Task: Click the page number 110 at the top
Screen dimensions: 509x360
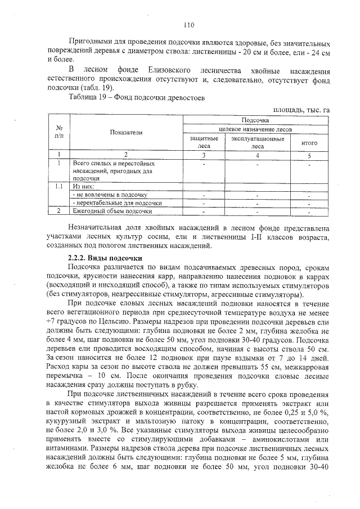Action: [x=188, y=25]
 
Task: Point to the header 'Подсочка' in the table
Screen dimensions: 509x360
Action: [x=255, y=120]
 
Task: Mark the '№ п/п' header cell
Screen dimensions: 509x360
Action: [x=59, y=132]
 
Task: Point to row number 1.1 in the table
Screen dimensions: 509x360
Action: [x=59, y=186]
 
